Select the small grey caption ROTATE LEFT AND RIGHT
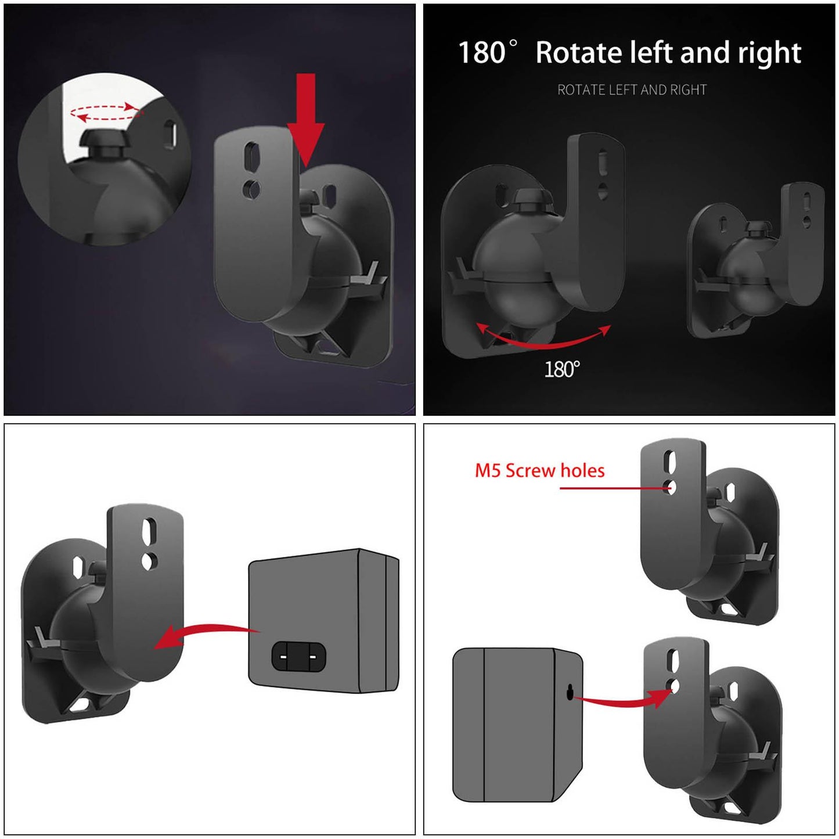pos(632,90)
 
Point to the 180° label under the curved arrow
pos(561,369)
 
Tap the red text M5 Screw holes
pos(539,470)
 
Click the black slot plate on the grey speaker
pos(298,657)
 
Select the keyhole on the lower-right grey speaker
pos(571,691)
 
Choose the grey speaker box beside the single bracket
pos(323,620)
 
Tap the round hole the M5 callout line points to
pos(671,488)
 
